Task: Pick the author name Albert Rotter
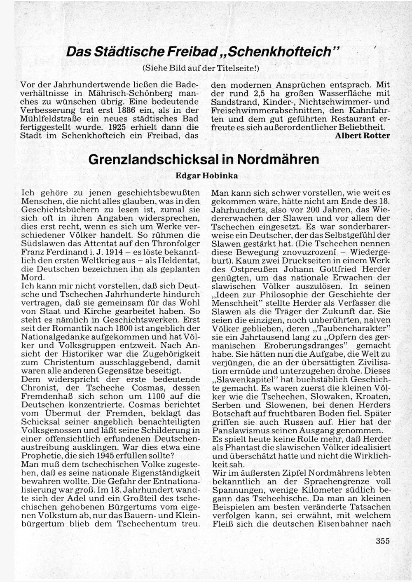[x=363, y=135]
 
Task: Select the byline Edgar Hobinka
[x=206, y=175]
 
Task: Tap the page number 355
[x=383, y=541]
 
